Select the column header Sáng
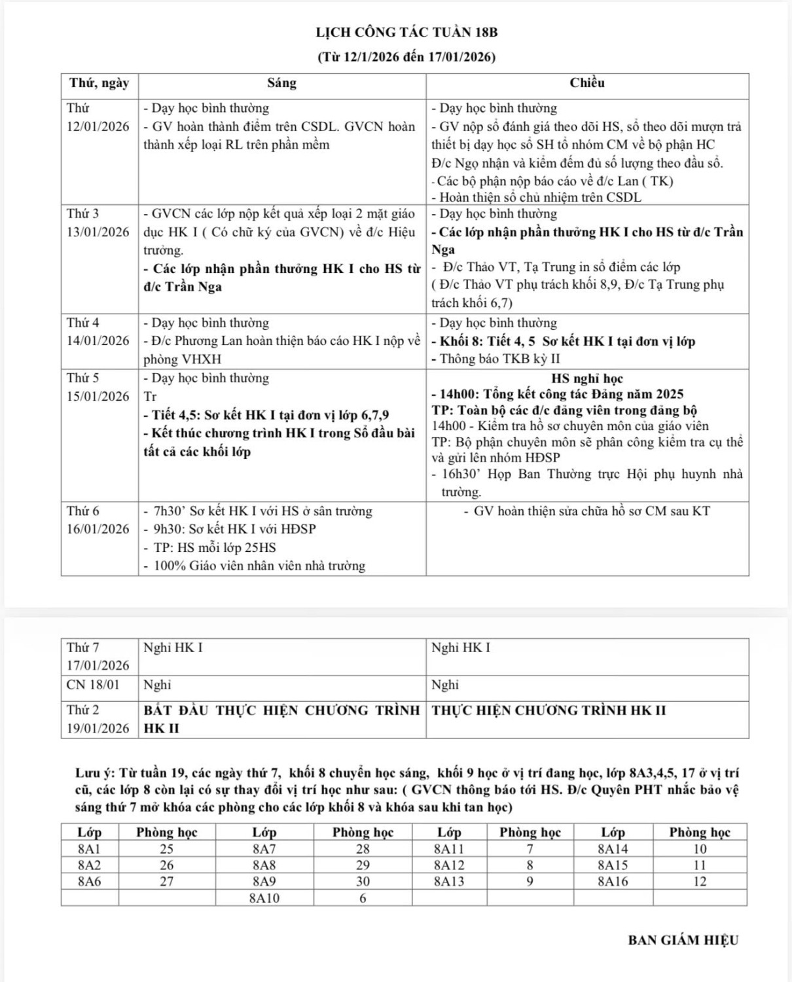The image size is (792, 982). point(281,83)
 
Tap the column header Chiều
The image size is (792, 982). point(587,83)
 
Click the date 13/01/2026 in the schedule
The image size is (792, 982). point(98,232)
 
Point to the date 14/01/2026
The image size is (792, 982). point(98,341)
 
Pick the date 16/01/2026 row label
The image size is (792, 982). point(98,529)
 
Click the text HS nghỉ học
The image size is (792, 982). point(587,378)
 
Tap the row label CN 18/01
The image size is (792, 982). point(93,685)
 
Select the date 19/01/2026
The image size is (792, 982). point(98,728)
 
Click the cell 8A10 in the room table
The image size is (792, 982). point(264,898)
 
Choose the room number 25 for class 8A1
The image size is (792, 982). point(167,849)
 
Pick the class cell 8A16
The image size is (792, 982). point(613,882)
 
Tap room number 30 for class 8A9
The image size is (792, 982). point(363,882)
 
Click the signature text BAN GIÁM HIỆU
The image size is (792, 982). point(683,940)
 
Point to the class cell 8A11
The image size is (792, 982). point(449,849)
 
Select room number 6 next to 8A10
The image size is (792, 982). point(363,898)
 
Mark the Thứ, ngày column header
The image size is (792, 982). point(99,83)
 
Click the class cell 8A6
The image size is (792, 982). point(90,882)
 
